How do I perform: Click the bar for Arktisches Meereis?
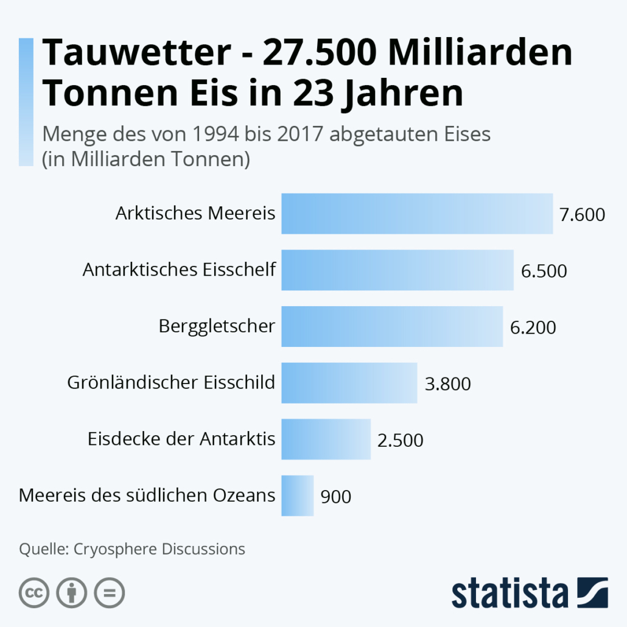click(416, 214)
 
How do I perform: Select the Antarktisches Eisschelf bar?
click(397, 270)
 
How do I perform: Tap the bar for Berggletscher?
click(391, 326)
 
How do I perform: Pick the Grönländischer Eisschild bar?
click(349, 383)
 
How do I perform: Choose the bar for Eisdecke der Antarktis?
click(326, 439)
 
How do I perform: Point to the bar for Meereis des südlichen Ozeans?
click(297, 496)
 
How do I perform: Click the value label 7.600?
click(583, 215)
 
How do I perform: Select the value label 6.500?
click(544, 271)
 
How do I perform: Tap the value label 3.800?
click(448, 384)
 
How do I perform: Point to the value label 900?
click(335, 497)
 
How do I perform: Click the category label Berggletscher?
click(217, 326)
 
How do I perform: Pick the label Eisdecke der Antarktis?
click(181, 439)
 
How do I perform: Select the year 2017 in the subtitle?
click(300, 134)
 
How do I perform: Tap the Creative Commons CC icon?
click(34, 592)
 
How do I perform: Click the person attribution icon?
click(72, 592)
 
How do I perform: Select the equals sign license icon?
click(110, 592)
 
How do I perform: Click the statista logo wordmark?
click(509, 594)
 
